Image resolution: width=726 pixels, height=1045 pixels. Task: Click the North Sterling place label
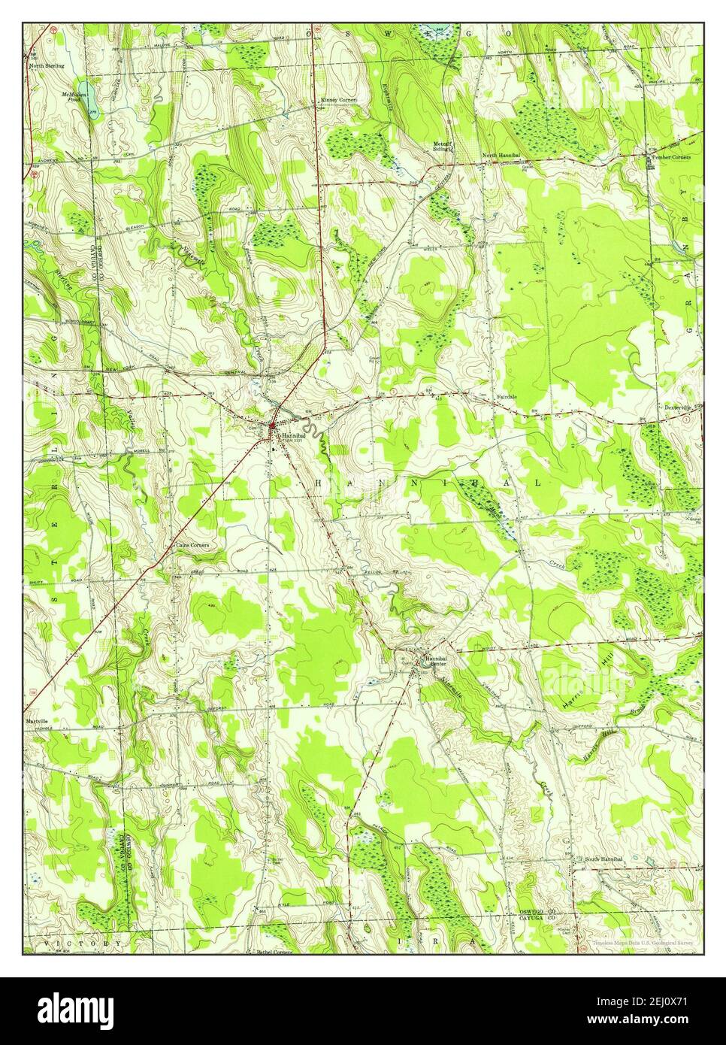(x=46, y=66)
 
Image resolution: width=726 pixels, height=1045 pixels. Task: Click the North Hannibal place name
(x=501, y=156)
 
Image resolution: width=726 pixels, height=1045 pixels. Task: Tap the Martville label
(x=41, y=719)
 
